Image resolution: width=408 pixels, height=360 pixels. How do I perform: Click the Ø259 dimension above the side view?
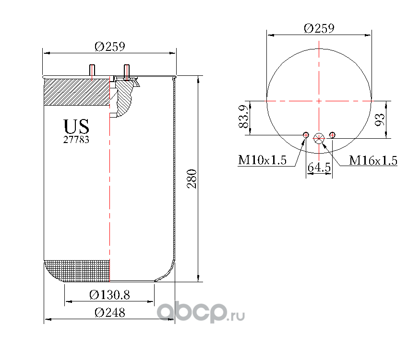[110, 47]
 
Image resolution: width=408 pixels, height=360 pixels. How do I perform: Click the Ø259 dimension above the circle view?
[319, 28]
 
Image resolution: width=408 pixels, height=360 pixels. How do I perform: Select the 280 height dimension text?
[192, 179]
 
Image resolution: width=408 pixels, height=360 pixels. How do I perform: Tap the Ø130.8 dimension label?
[109, 295]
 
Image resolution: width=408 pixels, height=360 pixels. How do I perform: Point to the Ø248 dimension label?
[110, 312]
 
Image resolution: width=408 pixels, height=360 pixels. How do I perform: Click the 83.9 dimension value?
[243, 117]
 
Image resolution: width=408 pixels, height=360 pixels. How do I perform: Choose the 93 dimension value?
[380, 120]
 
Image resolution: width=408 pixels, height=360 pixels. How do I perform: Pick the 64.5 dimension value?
[319, 167]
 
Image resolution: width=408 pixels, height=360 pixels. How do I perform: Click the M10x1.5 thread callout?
[262, 160]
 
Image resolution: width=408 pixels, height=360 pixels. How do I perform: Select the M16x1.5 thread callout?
[373, 160]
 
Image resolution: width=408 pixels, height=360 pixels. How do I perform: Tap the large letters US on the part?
[76, 127]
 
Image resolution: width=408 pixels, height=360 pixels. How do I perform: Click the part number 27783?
[76, 140]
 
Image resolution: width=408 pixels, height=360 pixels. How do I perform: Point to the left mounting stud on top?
[92, 70]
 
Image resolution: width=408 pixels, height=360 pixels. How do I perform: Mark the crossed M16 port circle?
[319, 138]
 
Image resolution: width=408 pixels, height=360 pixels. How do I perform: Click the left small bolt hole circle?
[306, 135]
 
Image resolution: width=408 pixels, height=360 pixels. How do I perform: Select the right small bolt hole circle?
[332, 135]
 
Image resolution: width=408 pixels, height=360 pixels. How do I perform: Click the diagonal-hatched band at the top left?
[77, 92]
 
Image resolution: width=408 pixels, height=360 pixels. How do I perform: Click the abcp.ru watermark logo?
[201, 312]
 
